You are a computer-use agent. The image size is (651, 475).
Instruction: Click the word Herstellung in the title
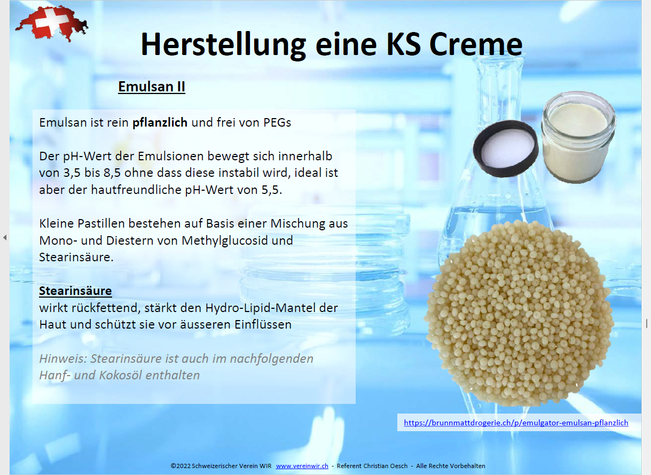(x=224, y=44)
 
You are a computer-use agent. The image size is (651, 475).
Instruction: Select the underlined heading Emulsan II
(x=152, y=87)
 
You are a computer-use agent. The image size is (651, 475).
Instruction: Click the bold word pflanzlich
(x=160, y=122)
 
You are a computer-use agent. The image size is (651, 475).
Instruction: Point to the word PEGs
(x=277, y=122)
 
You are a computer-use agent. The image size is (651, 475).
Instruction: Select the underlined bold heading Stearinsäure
(x=75, y=291)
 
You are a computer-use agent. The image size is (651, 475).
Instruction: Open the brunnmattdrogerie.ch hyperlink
(x=516, y=423)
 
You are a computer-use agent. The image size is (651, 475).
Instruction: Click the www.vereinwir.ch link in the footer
(x=302, y=466)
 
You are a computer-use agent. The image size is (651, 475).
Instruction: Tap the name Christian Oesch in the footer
(x=386, y=466)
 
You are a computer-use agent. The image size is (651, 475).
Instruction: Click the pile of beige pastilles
(x=519, y=310)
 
